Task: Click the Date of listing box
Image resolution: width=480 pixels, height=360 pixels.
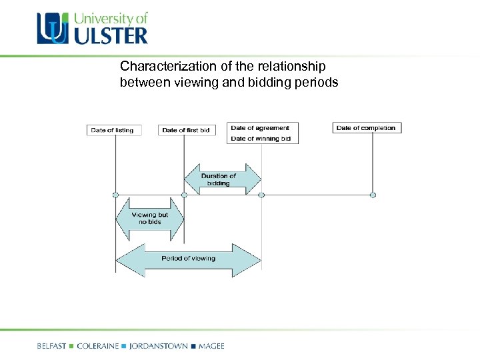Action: pos(112,130)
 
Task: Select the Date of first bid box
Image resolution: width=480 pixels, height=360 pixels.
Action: pos(186,130)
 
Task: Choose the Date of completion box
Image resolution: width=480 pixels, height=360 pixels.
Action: pos(366,128)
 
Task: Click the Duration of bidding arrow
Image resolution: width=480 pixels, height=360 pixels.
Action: pos(222,179)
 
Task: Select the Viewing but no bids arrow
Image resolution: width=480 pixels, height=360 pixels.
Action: pos(149,218)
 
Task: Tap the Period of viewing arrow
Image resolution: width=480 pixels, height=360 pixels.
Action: pos(188,259)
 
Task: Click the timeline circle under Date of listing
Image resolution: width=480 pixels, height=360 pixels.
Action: pos(115,195)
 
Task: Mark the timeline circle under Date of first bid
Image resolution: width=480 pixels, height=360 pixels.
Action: pos(185,195)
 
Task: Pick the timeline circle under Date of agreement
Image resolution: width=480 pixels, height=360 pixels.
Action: pos(261,195)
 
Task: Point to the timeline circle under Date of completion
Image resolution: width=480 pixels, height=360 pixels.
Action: pos(373,195)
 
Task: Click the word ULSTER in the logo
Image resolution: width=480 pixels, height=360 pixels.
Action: pos(110,35)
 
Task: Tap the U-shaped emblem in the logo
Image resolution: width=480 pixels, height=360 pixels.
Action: pos(53,29)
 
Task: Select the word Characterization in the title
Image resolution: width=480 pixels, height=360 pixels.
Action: pos(160,67)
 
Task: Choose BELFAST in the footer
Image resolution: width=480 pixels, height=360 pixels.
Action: pos(51,346)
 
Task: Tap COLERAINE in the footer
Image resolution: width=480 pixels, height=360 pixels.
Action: pos(98,346)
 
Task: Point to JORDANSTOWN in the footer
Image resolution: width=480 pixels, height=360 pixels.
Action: pos(158,346)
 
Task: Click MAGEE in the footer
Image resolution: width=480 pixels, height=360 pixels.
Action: pos(211,346)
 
